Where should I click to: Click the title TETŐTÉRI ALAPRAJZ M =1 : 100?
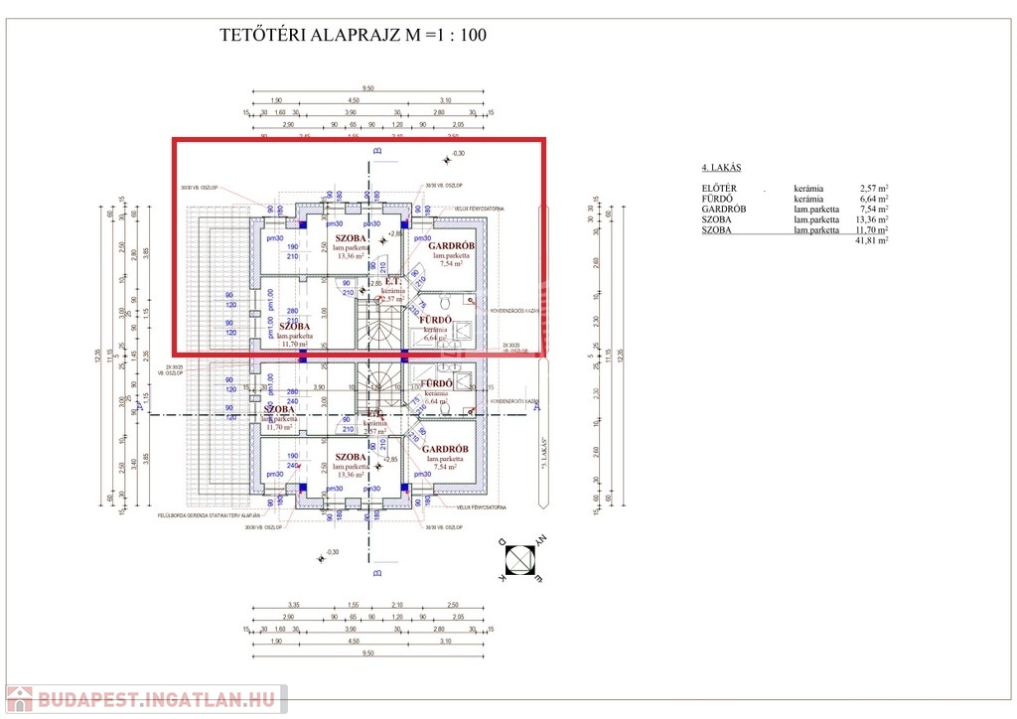pos(353,36)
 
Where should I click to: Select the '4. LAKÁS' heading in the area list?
pos(721,168)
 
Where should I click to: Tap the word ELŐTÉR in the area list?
pos(719,187)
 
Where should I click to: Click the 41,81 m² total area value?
pos(871,240)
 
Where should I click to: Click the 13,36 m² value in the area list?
pos(871,219)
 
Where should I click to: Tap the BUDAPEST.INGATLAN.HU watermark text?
pos(159,699)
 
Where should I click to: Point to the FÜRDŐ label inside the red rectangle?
pos(437,320)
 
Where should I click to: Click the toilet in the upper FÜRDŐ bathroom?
pos(446,302)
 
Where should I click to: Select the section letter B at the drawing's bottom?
pos(376,573)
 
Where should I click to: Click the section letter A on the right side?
pos(537,406)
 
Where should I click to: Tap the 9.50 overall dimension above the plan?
pos(367,87)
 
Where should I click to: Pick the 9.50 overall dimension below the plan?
pos(367,653)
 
